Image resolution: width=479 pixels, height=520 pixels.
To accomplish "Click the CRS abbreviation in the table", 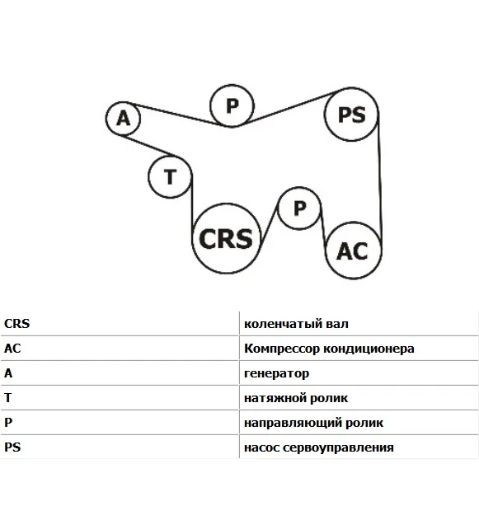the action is click(x=17, y=323).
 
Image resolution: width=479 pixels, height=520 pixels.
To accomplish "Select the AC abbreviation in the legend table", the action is click(x=12, y=349).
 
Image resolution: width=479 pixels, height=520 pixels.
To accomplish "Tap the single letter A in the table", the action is click(x=8, y=373).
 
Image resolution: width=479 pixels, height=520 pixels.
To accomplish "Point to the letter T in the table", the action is click(x=8, y=398).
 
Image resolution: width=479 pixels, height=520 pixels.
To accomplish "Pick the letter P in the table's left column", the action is click(x=8, y=422).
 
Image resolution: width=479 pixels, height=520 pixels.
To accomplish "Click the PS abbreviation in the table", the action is click(x=12, y=447).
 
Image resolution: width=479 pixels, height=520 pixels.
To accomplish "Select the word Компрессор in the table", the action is click(x=282, y=349).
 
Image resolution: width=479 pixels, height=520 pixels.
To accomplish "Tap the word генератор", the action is click(x=277, y=374).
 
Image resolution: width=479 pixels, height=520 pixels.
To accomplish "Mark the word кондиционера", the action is click(x=369, y=349).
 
